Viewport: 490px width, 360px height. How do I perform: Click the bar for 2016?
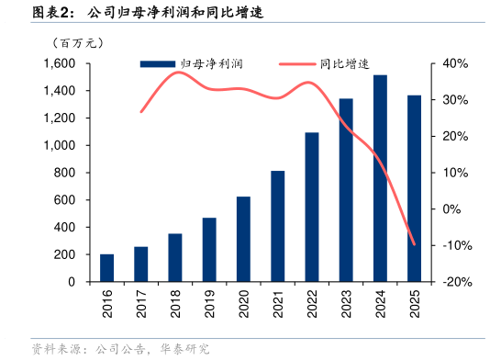coord(107,268)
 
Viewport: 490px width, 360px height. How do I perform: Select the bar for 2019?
coord(209,250)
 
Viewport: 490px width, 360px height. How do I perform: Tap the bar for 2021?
coord(277,226)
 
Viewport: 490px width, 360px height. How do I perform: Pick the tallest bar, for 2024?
coord(380,178)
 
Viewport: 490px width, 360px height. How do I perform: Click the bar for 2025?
coord(414,188)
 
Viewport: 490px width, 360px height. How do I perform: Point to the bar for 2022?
coord(311,207)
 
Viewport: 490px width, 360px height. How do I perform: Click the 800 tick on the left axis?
coord(66,173)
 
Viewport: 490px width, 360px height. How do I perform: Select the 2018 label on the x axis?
coord(175,303)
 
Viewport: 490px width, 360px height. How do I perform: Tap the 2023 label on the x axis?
coord(346,303)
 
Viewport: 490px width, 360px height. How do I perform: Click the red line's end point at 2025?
coord(414,244)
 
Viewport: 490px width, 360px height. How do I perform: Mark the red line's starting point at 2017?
coord(141,112)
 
